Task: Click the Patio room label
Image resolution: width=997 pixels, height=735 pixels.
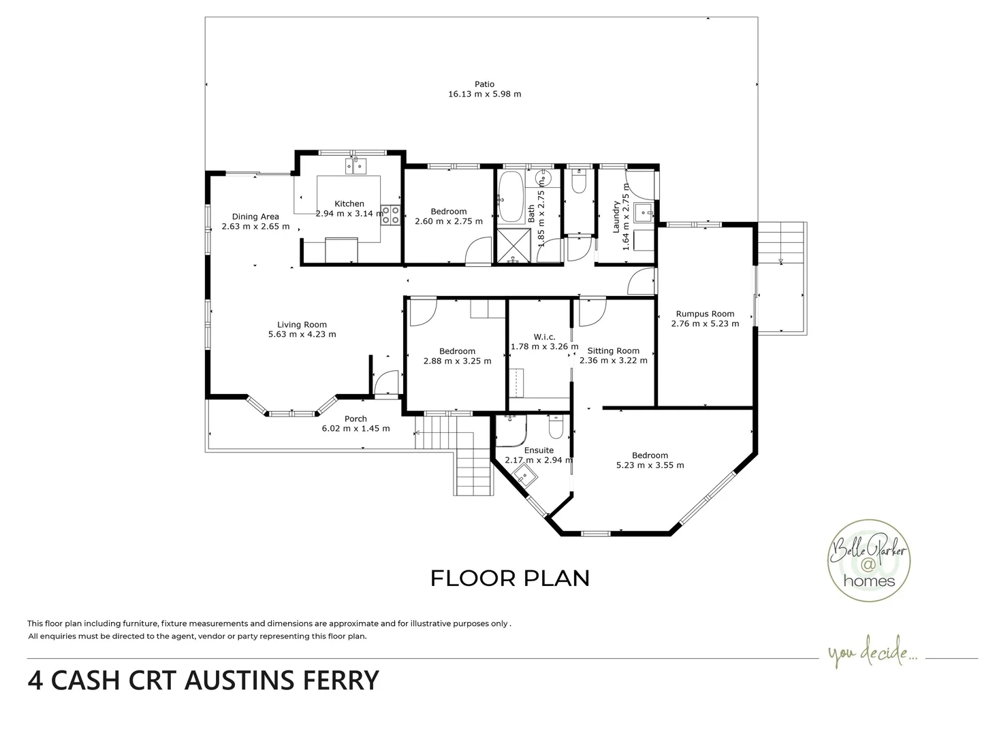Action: pos(484,84)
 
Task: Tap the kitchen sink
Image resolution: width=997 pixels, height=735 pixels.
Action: pos(355,165)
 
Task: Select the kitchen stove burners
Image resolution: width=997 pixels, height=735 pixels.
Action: pos(391,215)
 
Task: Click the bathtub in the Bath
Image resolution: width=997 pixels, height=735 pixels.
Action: pos(509,197)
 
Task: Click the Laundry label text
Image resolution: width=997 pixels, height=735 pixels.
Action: pos(616,216)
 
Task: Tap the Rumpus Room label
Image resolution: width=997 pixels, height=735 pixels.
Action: pos(704,314)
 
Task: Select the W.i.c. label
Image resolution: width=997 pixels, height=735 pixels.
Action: pos(544,337)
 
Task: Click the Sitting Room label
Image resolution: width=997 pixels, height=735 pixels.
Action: pos(613,350)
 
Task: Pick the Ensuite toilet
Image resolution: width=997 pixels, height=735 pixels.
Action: pos(555,427)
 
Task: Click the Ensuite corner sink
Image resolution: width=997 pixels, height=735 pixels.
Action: pos(523,477)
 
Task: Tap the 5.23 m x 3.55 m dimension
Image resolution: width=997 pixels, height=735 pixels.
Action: pos(650,465)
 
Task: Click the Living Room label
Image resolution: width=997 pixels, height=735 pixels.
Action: pos(302,325)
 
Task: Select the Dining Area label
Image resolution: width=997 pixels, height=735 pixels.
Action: pos(255,216)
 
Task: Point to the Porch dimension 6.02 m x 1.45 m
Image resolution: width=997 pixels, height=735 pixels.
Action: pos(355,429)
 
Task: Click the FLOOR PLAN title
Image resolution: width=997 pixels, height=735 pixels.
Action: pos(509,578)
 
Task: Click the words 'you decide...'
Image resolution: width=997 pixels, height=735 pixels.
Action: pos(872,654)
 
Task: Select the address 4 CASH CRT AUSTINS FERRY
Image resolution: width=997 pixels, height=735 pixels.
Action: pos(203,681)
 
